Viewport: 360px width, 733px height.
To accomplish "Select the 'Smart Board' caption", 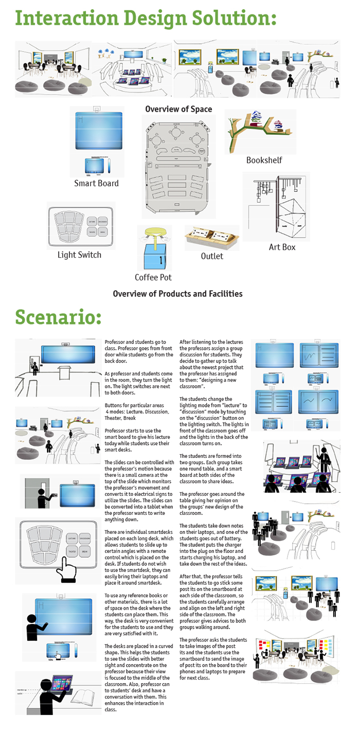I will [96, 183].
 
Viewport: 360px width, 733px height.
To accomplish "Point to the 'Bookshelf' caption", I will [264, 160].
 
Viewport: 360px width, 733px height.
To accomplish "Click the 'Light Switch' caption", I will [79, 255].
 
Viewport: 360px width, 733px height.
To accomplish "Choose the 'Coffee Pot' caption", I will [153, 277].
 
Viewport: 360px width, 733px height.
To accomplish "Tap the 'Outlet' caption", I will [212, 256].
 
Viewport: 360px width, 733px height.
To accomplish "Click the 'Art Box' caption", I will [282, 247].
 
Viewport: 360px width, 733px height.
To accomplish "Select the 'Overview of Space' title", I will [178, 109].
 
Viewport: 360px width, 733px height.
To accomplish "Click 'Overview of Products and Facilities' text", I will [177, 294].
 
